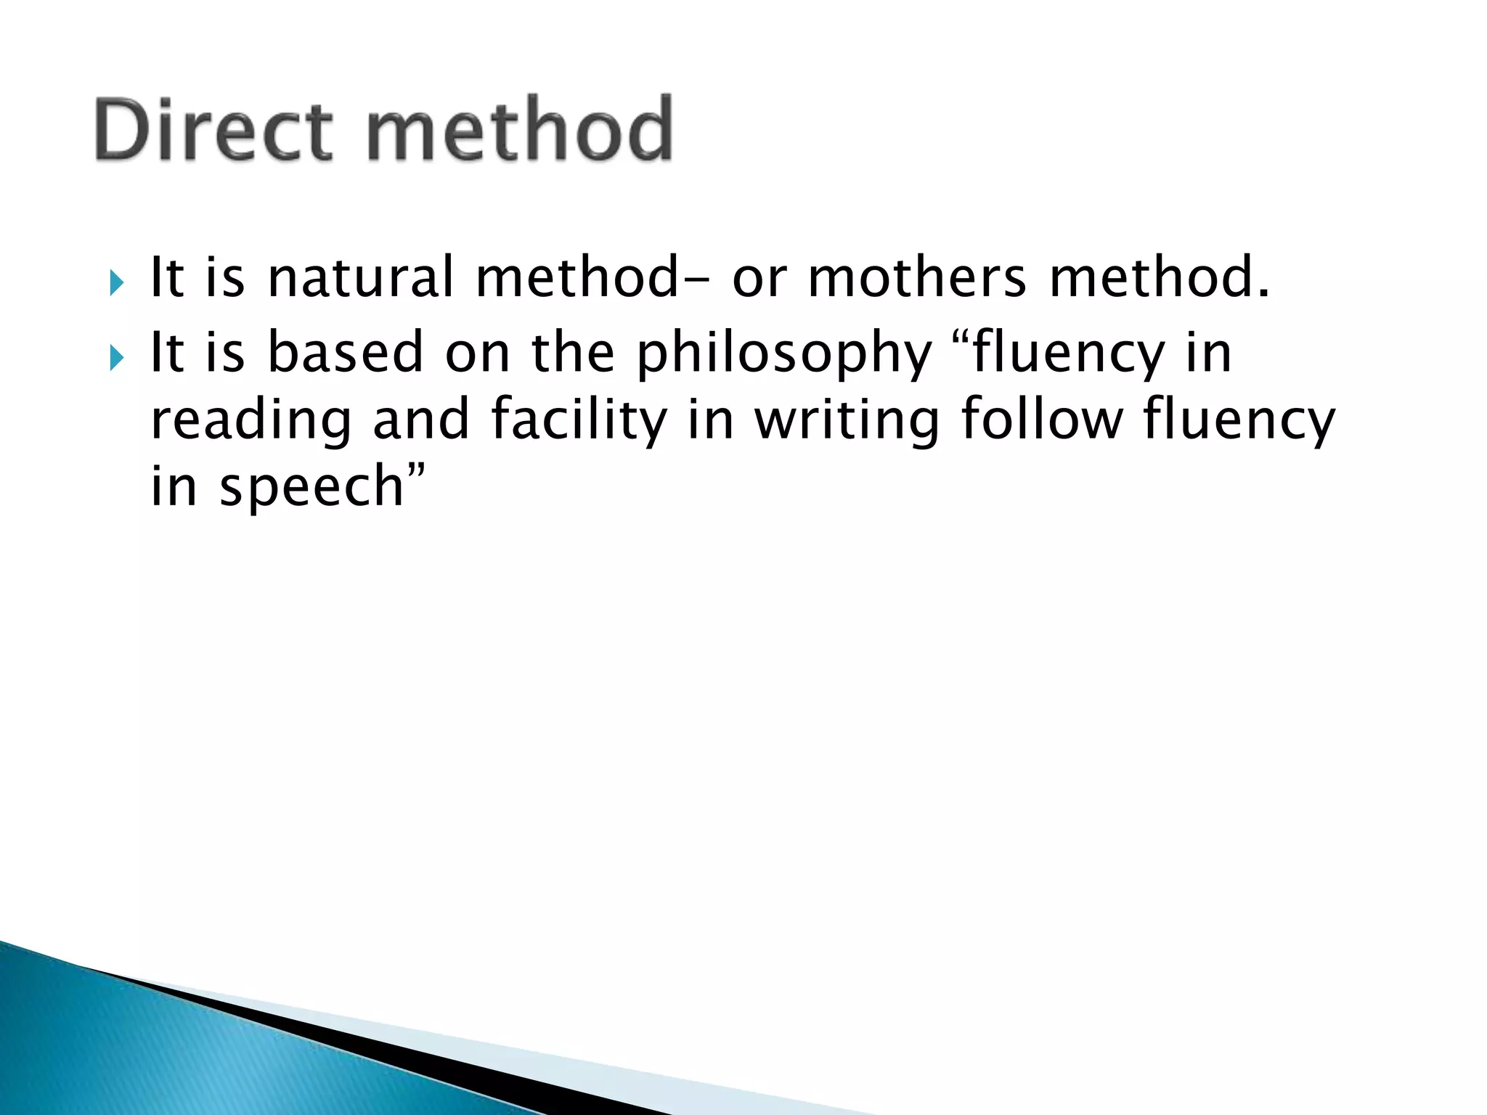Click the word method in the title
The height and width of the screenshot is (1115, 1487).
[x=520, y=131]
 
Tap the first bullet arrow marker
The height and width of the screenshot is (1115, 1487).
[x=116, y=282]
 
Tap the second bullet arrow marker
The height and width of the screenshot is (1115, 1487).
[x=116, y=357]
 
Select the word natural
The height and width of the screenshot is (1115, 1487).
[x=360, y=278]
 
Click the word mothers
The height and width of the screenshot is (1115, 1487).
[x=917, y=278]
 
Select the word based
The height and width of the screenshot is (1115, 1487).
[x=345, y=353]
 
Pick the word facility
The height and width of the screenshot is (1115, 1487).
[x=578, y=421]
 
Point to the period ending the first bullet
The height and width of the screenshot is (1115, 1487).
[x=1263, y=294]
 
